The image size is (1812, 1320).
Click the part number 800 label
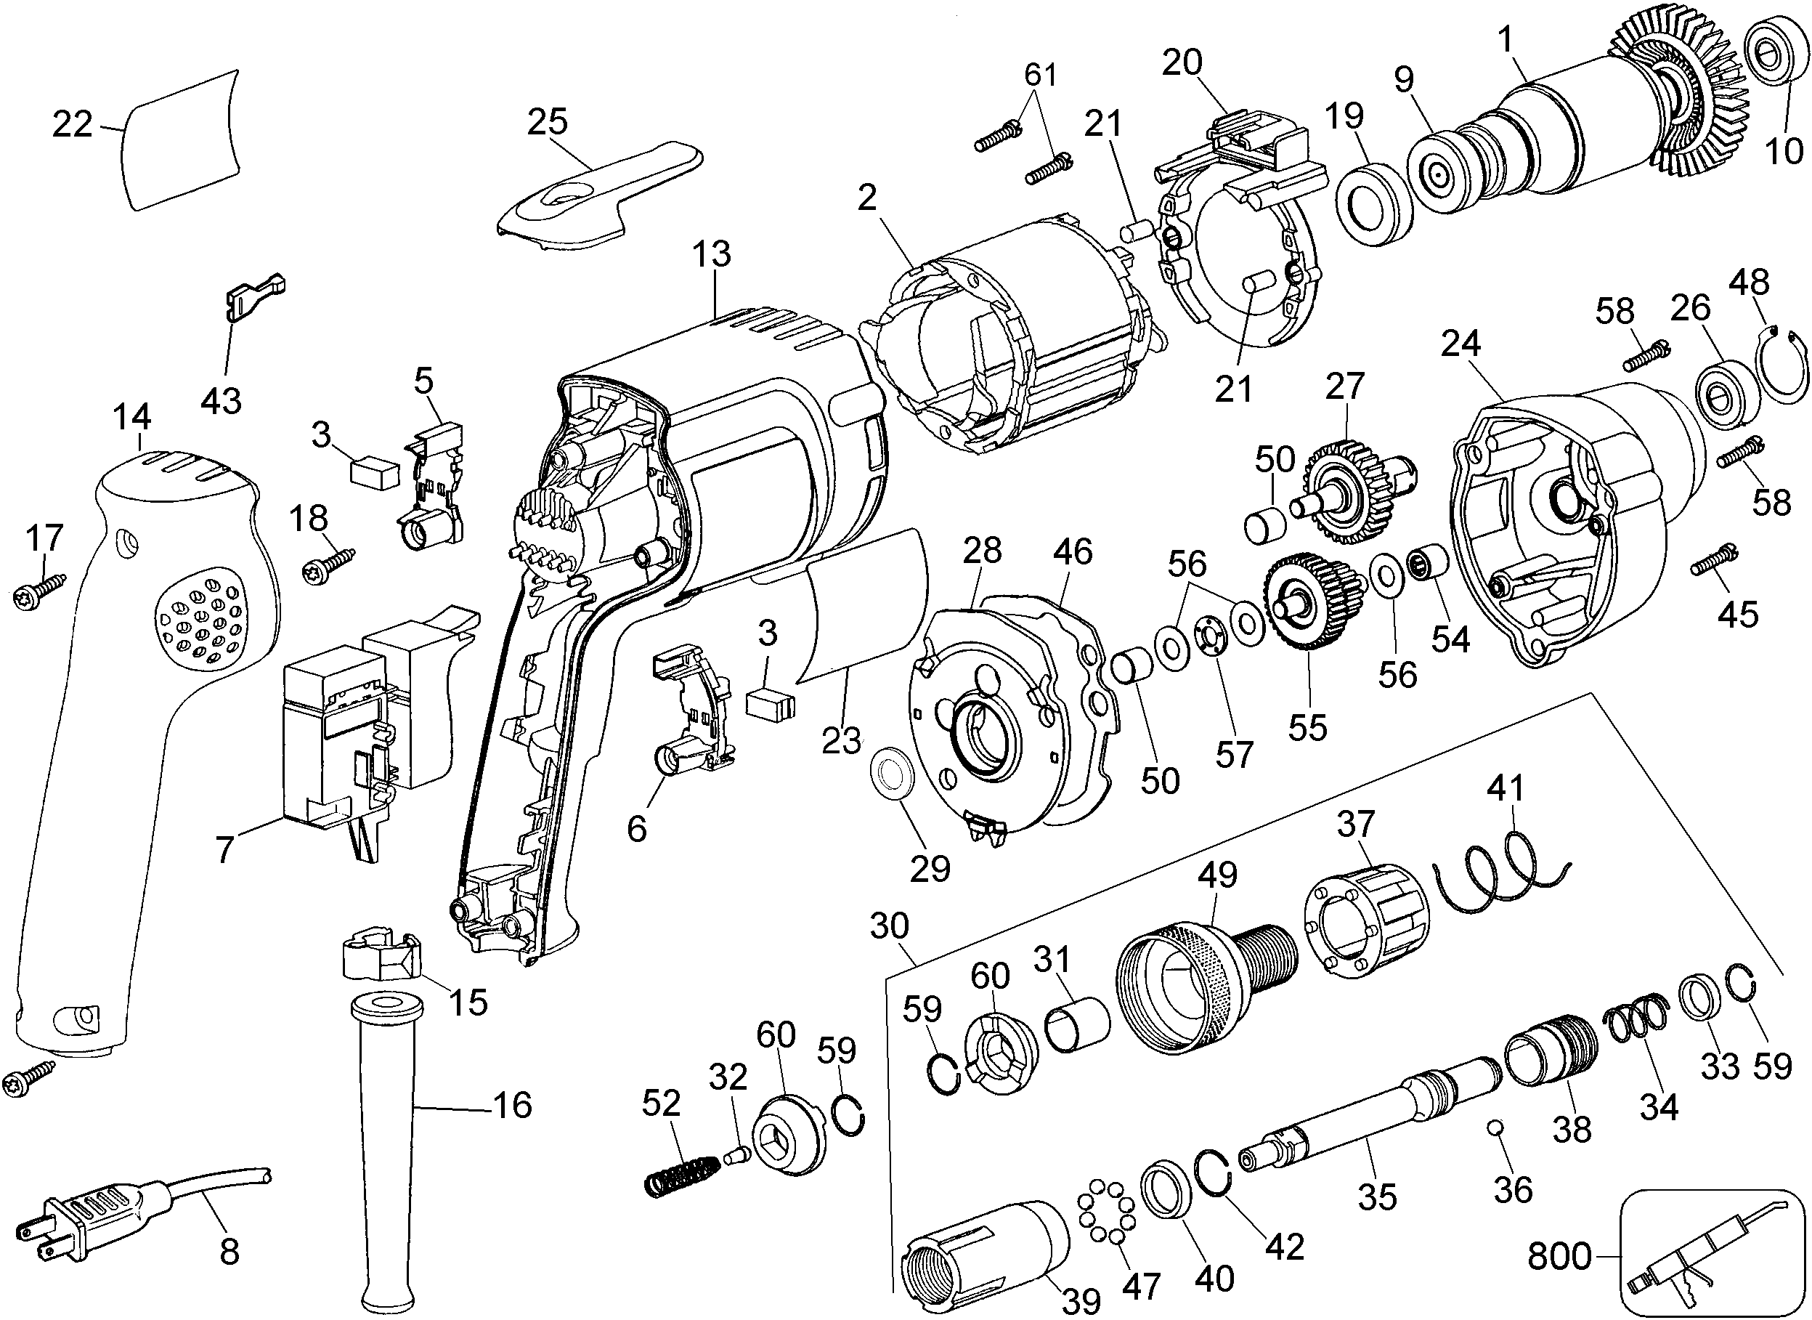1559,1257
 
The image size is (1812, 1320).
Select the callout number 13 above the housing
711,254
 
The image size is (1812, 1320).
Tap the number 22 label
73,125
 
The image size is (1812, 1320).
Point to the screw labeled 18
328,564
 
